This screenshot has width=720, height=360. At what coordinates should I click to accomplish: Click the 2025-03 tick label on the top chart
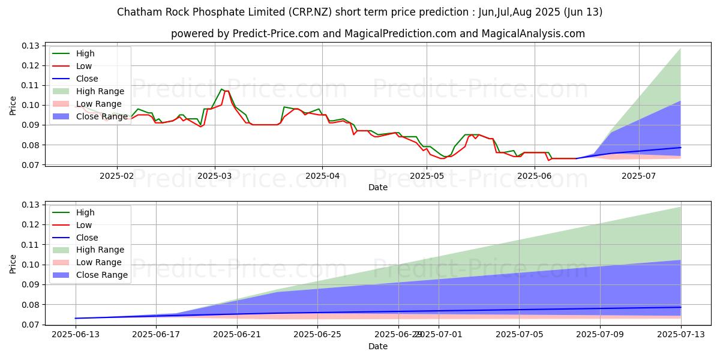[215, 176]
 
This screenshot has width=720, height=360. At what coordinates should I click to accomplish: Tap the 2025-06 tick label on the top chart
[534, 176]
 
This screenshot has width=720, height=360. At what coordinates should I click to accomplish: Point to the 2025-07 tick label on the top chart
[639, 176]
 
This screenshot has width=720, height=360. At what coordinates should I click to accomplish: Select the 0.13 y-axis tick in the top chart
[30, 46]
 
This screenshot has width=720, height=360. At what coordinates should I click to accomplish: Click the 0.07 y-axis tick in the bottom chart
[30, 325]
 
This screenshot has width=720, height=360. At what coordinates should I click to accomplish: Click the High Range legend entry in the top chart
[100, 91]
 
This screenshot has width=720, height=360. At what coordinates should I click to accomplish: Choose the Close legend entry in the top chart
[87, 79]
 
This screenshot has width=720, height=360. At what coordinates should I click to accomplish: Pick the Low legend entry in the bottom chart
[84, 225]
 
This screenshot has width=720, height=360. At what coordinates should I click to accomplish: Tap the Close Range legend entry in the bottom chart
[102, 275]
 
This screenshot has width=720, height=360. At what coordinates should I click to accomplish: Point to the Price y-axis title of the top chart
[13, 105]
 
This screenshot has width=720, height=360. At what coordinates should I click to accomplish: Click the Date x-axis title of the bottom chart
[378, 346]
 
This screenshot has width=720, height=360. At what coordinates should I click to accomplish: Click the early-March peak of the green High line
[221, 89]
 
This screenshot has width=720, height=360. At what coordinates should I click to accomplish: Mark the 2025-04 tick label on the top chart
[322, 176]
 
